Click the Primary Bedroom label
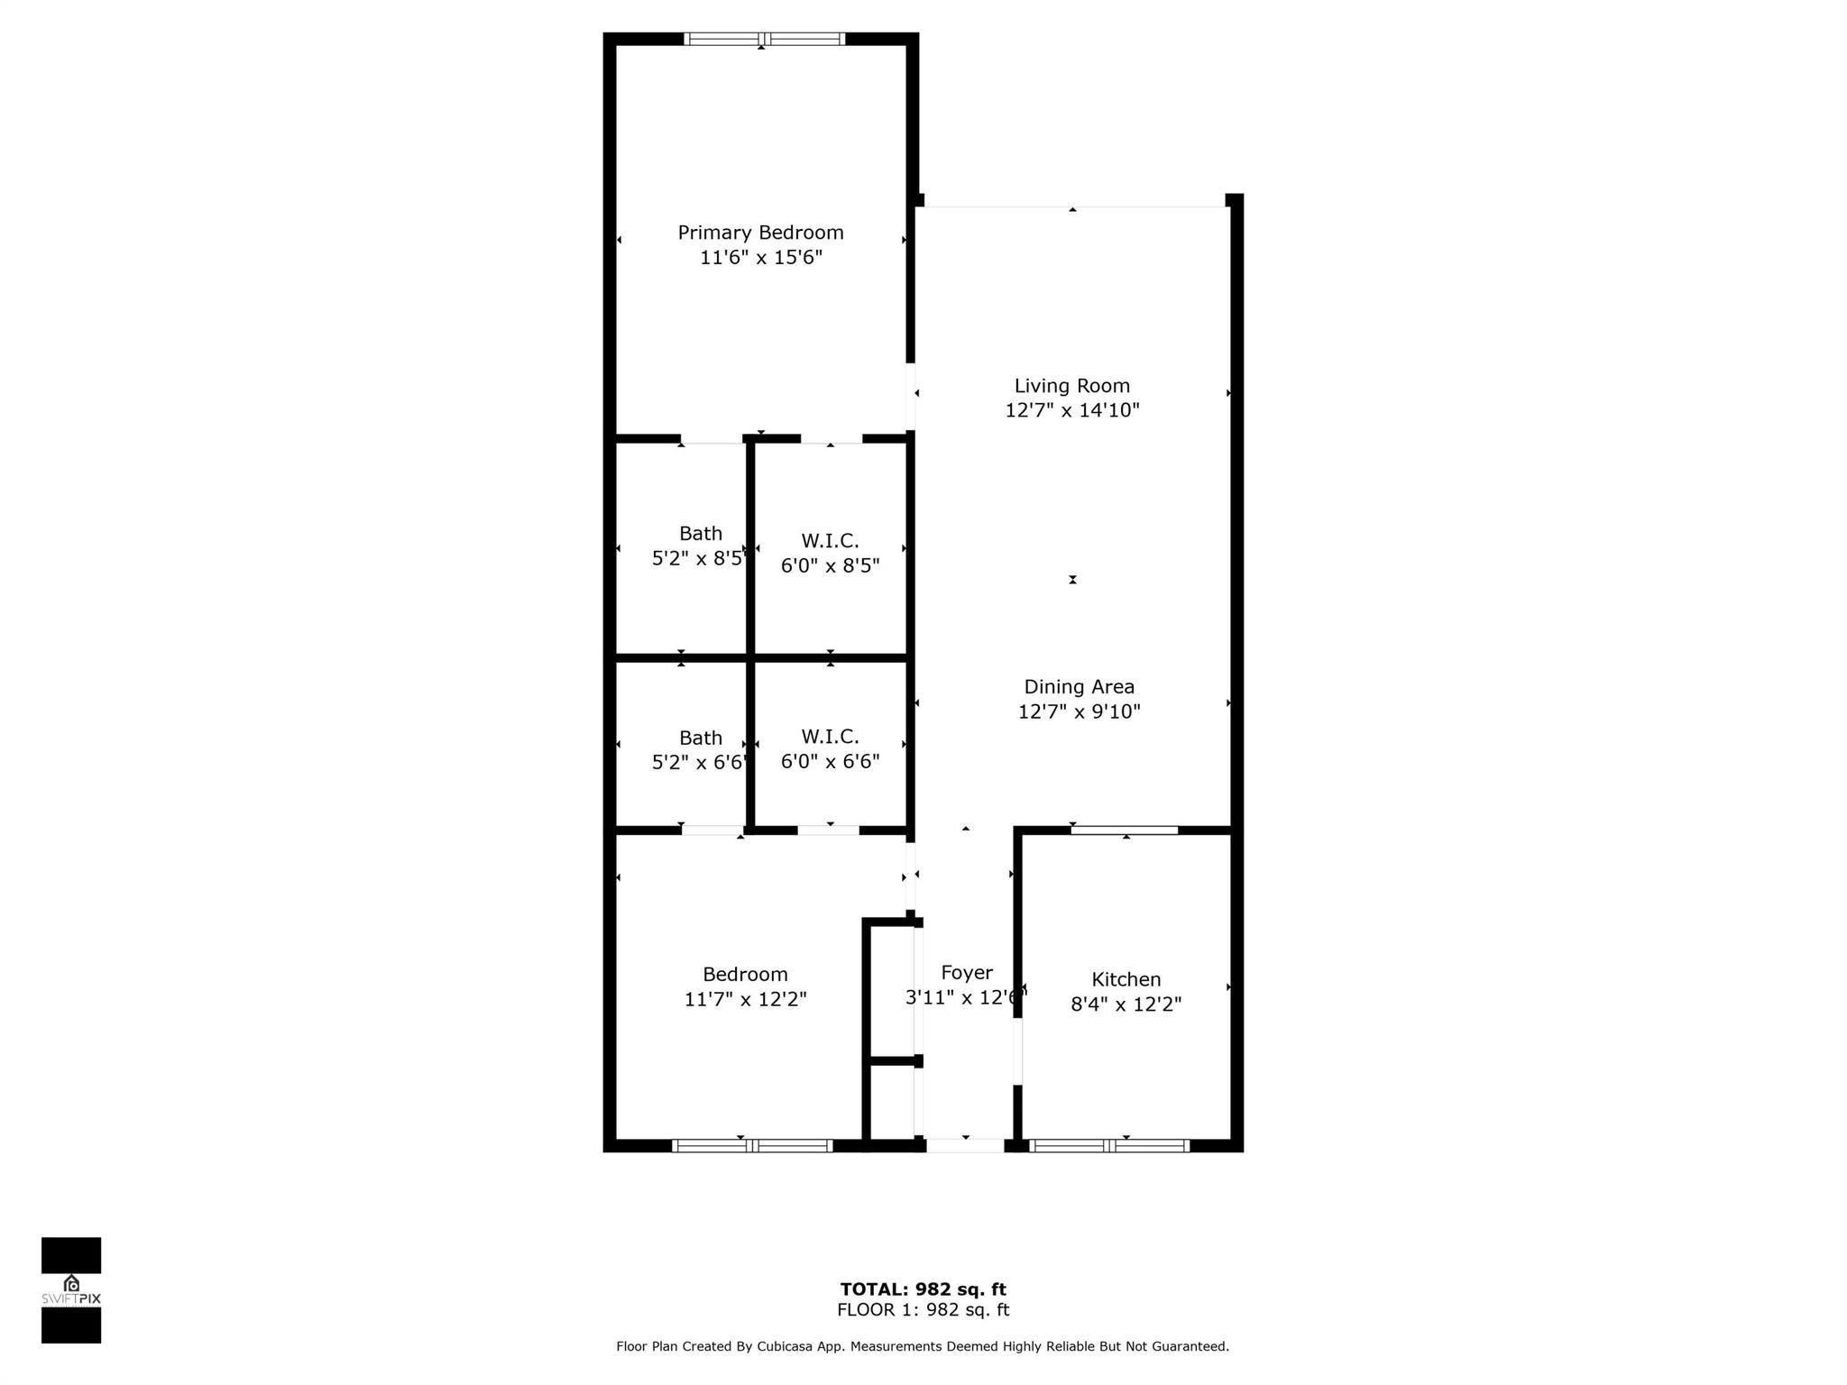760,233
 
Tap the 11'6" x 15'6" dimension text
760,258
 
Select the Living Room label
1071,386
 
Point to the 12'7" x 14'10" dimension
1071,410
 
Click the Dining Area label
1079,687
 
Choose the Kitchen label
1126,979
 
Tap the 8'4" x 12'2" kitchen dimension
1126,1004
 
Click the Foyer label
966,973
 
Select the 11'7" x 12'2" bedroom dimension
745,999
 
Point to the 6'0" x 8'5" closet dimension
830,566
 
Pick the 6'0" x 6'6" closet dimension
830,762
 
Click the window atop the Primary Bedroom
764,39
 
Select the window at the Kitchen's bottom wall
1109,1146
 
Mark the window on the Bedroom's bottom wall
752,1146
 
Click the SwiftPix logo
71,1289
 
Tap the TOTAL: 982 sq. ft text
923,1289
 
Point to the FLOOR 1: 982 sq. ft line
923,1310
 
